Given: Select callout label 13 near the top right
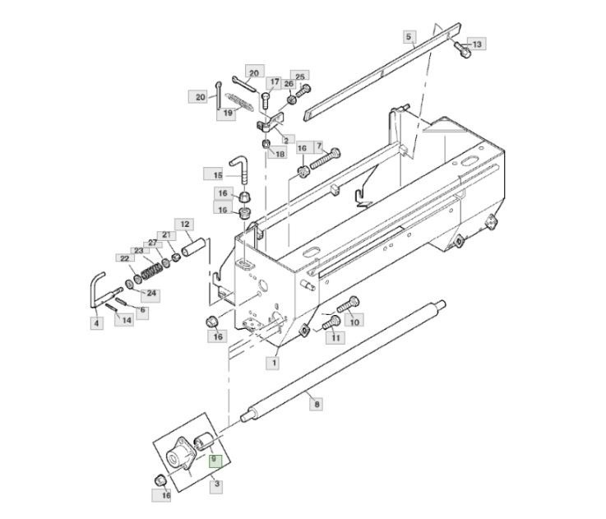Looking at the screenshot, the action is [477, 44].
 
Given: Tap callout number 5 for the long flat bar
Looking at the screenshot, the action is [409, 37].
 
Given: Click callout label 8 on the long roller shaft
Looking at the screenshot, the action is [317, 405].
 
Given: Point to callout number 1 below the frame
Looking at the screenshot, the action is [274, 363].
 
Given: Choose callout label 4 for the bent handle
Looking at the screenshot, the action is [97, 323].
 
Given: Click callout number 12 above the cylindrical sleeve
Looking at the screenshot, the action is [185, 225].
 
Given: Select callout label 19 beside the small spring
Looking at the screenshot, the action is [228, 113].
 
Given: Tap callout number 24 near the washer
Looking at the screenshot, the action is [151, 293].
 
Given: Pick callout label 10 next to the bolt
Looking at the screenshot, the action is [354, 322].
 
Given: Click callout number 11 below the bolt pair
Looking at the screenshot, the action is [335, 337].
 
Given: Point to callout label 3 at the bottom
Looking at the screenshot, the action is [217, 484].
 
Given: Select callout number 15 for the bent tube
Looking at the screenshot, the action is [218, 175].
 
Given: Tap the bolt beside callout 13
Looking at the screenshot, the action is [462, 49].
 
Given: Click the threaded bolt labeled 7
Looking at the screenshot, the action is [325, 158].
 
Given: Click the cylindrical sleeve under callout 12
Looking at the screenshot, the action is [192, 248].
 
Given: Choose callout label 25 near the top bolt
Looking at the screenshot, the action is [300, 76].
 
